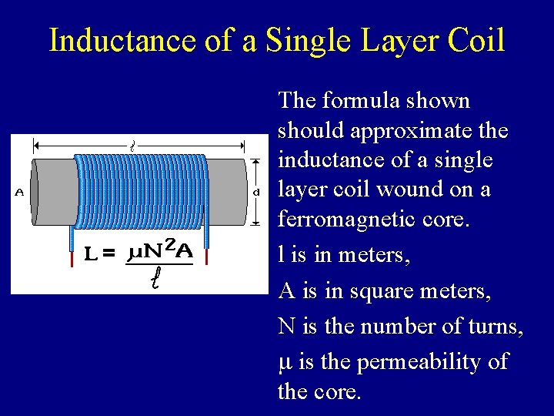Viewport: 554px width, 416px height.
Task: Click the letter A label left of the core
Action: [x=18, y=193]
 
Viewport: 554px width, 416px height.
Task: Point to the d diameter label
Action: [x=256, y=193]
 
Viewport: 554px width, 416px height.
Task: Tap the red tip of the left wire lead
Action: [x=72, y=257]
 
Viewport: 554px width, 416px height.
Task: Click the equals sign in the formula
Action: [x=108, y=253]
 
